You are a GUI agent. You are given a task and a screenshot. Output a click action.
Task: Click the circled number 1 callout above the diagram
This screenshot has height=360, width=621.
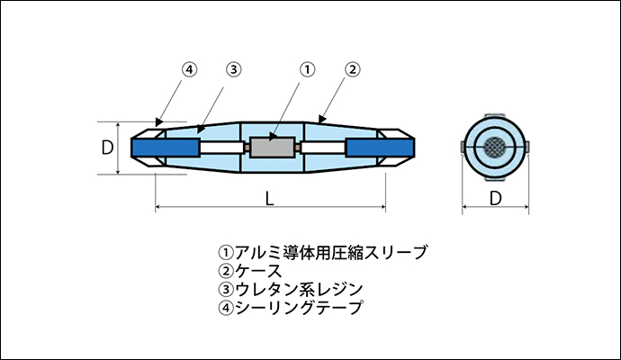pos(307,68)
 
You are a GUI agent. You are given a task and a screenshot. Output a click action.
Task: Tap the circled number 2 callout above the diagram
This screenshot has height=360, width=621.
pos(353,68)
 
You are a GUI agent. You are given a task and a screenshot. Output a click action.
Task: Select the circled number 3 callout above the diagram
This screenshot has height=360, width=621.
pos(232,68)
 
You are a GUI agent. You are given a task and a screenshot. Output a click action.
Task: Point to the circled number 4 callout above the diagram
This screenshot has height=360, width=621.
pos(189,68)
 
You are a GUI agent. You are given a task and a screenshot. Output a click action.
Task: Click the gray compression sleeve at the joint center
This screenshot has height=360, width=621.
pos(274,145)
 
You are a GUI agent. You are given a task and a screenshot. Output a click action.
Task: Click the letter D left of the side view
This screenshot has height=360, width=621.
pos(107,146)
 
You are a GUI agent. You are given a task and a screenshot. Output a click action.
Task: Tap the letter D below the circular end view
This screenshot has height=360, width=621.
pos(493,198)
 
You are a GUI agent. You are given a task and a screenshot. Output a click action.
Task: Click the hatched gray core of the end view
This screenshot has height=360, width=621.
pos(493,146)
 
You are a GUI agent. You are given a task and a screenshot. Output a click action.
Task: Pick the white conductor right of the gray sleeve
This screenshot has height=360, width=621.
pos(322,146)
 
